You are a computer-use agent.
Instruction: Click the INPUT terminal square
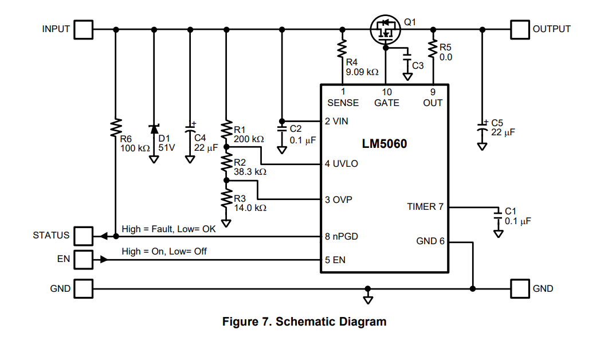[x=84, y=29]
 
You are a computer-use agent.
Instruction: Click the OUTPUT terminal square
[x=520, y=29]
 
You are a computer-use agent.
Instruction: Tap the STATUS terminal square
[x=84, y=236]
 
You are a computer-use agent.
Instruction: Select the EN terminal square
[x=84, y=260]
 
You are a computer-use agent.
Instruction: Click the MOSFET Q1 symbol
[x=385, y=30]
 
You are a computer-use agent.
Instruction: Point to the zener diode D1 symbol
[x=154, y=129]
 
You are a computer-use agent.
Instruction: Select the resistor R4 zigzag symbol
[x=343, y=47]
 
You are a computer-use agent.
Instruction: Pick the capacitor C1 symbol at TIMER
[x=498, y=216]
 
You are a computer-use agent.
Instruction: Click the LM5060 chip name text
[x=384, y=143]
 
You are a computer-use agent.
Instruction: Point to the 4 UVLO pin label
[x=342, y=164]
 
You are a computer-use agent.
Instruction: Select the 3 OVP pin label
[x=339, y=200]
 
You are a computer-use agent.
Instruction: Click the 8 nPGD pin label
[x=342, y=236]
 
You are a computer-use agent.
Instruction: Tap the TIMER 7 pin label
[x=425, y=206]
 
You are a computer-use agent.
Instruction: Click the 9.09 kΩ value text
[x=362, y=72]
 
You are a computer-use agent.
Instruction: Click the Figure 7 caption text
[x=304, y=322]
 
